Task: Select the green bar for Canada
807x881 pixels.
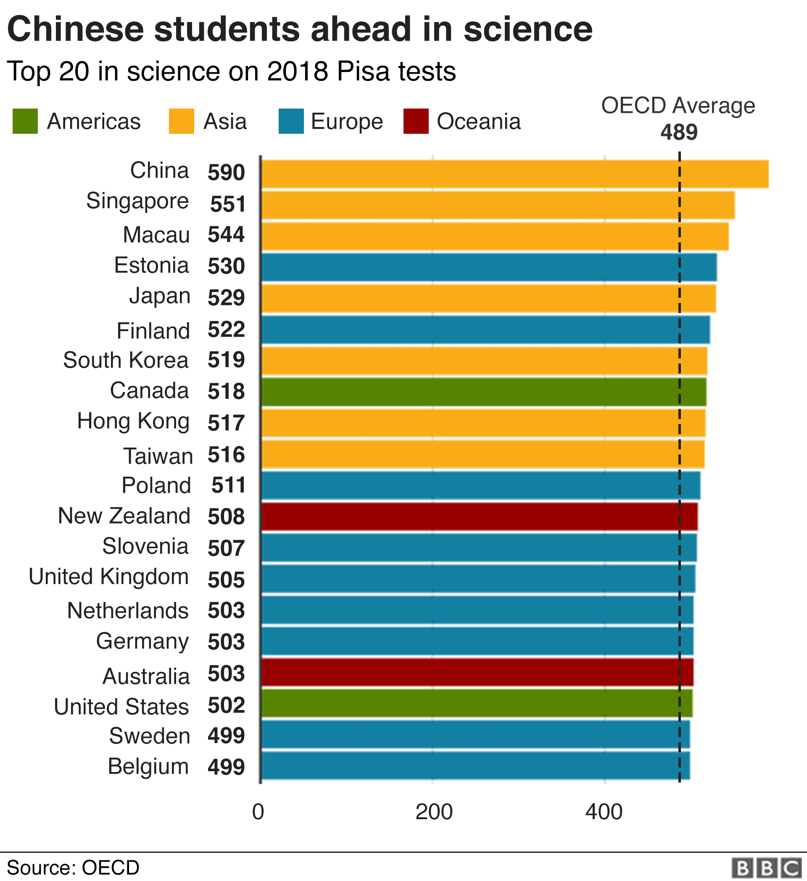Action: pyautogui.click(x=484, y=392)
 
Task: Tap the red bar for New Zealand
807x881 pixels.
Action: pyautogui.click(x=480, y=517)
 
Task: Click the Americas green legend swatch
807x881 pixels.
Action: pyautogui.click(x=25, y=121)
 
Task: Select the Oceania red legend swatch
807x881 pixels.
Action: pyautogui.click(x=416, y=121)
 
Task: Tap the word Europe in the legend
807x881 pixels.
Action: pyautogui.click(x=347, y=122)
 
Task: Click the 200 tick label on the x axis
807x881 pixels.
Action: pyautogui.click(x=434, y=812)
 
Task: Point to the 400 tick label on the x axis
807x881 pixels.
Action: pyautogui.click(x=604, y=812)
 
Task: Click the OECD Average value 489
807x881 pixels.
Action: pyautogui.click(x=679, y=133)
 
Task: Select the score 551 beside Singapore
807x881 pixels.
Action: pyautogui.click(x=227, y=204)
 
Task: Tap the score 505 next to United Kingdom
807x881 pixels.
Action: pyautogui.click(x=226, y=580)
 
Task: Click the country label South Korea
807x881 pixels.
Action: pyautogui.click(x=126, y=360)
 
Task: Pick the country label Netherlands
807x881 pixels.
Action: pyautogui.click(x=127, y=610)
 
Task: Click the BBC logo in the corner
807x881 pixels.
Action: pyautogui.click(x=767, y=868)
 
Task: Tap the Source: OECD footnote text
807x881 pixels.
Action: pyautogui.click(x=73, y=868)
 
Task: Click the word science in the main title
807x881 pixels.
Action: pyautogui.click(x=527, y=30)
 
